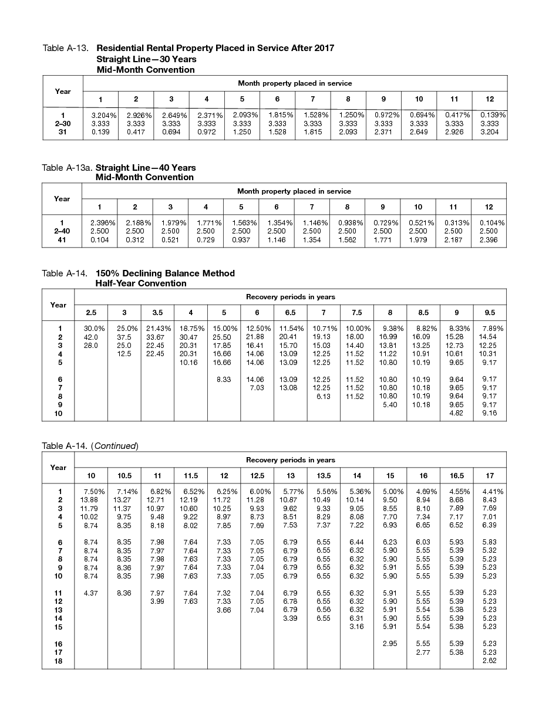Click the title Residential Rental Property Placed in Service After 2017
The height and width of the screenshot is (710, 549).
click(x=215, y=48)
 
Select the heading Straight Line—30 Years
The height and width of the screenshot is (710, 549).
click(x=146, y=59)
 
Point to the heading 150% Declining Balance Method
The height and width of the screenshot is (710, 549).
click(x=165, y=273)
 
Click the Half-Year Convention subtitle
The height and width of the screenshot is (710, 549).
click(x=141, y=283)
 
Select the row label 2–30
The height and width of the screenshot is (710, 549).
click(x=63, y=124)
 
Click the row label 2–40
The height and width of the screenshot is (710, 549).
click(x=62, y=232)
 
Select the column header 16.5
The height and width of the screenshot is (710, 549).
click(x=456, y=475)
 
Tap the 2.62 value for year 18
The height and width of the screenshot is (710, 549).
click(x=490, y=661)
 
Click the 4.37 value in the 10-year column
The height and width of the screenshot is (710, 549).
click(x=90, y=593)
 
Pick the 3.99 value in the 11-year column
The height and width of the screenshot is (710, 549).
click(x=157, y=601)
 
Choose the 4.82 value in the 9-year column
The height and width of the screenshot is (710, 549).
click(x=456, y=413)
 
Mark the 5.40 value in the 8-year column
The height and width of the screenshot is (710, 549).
click(x=390, y=405)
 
